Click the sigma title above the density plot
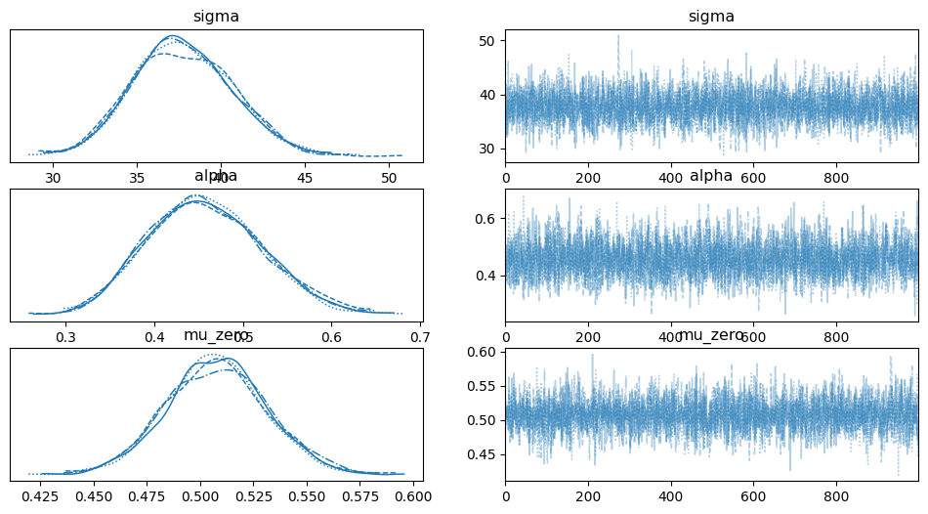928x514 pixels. click(216, 16)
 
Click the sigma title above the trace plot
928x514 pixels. click(711, 16)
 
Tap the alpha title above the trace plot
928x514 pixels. click(711, 176)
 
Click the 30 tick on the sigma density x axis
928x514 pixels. click(53, 179)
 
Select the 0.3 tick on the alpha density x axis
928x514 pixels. click(66, 337)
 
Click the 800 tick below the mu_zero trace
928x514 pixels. click(836, 497)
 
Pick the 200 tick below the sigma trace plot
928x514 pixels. click(588, 179)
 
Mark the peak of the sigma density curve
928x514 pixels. click(172, 36)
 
